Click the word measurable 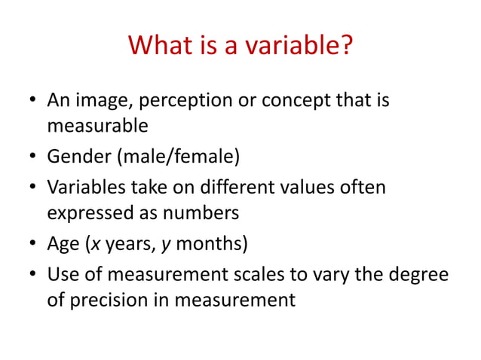pyautogui.click(x=97, y=127)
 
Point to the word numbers pyautogui.click(x=207, y=213)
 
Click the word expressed pyautogui.click(x=90, y=213)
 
